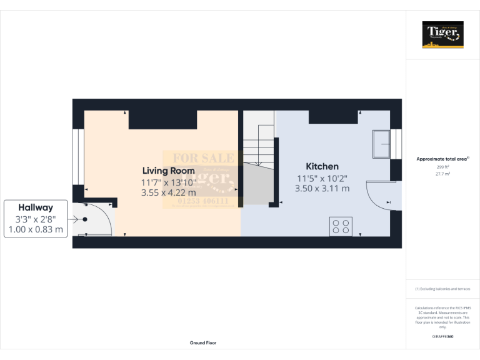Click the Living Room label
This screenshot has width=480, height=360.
(x=168, y=170)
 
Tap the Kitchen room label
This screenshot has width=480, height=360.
(x=322, y=166)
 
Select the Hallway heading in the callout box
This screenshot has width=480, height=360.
(x=35, y=207)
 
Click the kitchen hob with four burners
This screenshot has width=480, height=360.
(x=341, y=226)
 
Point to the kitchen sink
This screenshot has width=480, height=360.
(x=381, y=144)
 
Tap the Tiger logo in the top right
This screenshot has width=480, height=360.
(x=443, y=34)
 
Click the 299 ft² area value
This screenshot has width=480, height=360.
(x=443, y=167)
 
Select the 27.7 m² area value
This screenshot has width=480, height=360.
(x=443, y=174)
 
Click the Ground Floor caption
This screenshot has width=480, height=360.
(x=203, y=342)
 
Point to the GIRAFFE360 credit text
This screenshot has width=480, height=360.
(x=443, y=337)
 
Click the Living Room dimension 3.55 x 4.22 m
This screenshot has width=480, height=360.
(x=169, y=192)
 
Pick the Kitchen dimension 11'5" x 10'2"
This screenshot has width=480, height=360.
(x=322, y=177)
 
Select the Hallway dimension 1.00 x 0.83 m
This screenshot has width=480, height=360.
(x=35, y=229)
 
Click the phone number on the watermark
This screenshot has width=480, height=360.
(x=199, y=202)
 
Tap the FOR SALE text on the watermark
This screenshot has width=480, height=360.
(x=199, y=158)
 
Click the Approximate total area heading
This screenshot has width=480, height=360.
(x=442, y=159)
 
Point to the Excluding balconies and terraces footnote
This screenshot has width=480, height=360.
(x=443, y=289)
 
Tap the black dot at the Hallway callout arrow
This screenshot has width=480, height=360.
(x=85, y=219)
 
